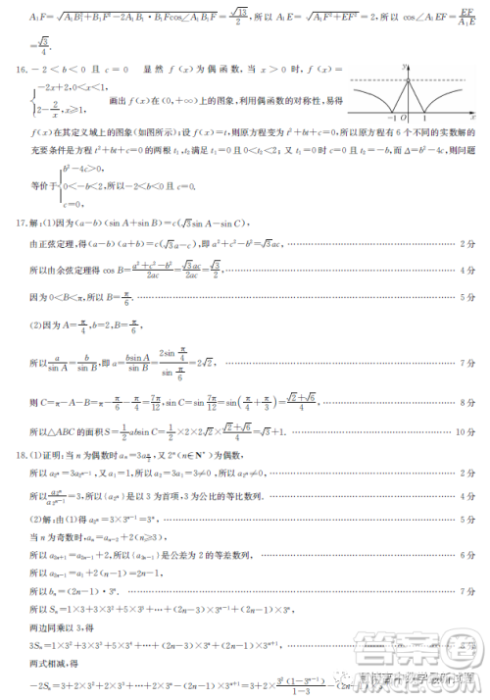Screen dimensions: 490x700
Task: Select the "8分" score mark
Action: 468,402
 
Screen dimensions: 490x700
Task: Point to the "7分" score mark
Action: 468,363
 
